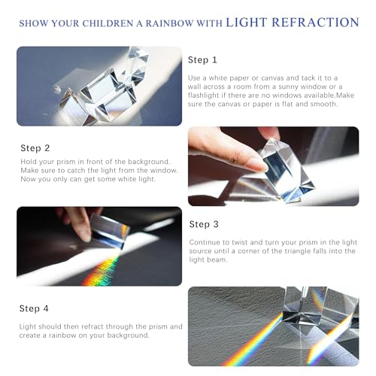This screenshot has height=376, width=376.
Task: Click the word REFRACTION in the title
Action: pos(315,23)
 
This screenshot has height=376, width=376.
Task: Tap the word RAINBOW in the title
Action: pos(170,23)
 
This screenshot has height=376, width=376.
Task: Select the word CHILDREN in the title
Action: pos(108,23)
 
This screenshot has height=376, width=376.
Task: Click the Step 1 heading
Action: pos(202,60)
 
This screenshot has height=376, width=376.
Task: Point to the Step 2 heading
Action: pos(35,148)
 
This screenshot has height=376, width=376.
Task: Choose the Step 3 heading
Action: pos(204,224)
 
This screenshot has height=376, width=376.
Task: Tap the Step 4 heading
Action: pos(34,308)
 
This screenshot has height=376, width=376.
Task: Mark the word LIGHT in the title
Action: pos(247,23)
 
